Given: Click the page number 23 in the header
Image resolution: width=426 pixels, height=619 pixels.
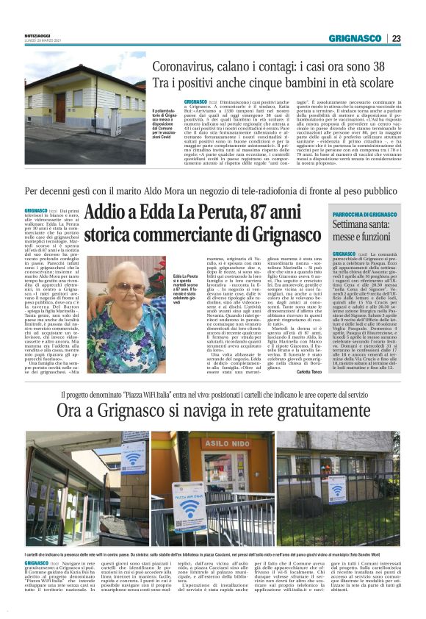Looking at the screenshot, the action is pyautogui.click(x=396, y=38).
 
